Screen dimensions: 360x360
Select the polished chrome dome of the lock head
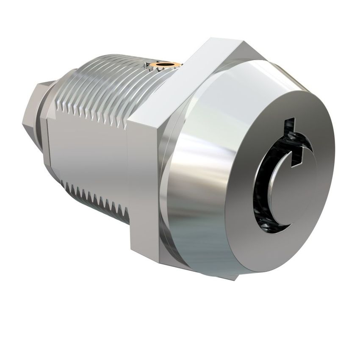[x=199, y=169]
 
